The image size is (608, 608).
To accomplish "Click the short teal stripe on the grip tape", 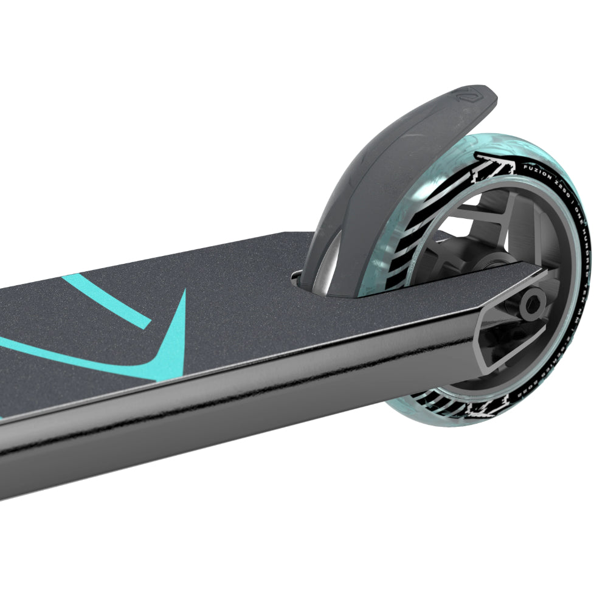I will [106, 300].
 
